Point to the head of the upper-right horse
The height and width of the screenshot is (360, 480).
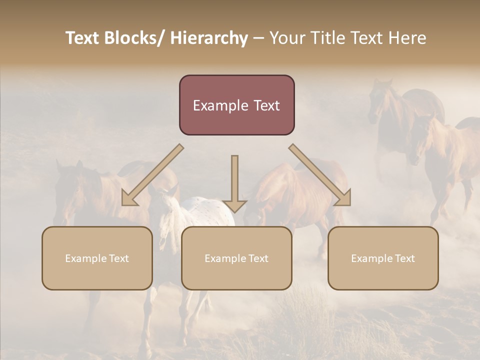pyautogui.click(x=378, y=100)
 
